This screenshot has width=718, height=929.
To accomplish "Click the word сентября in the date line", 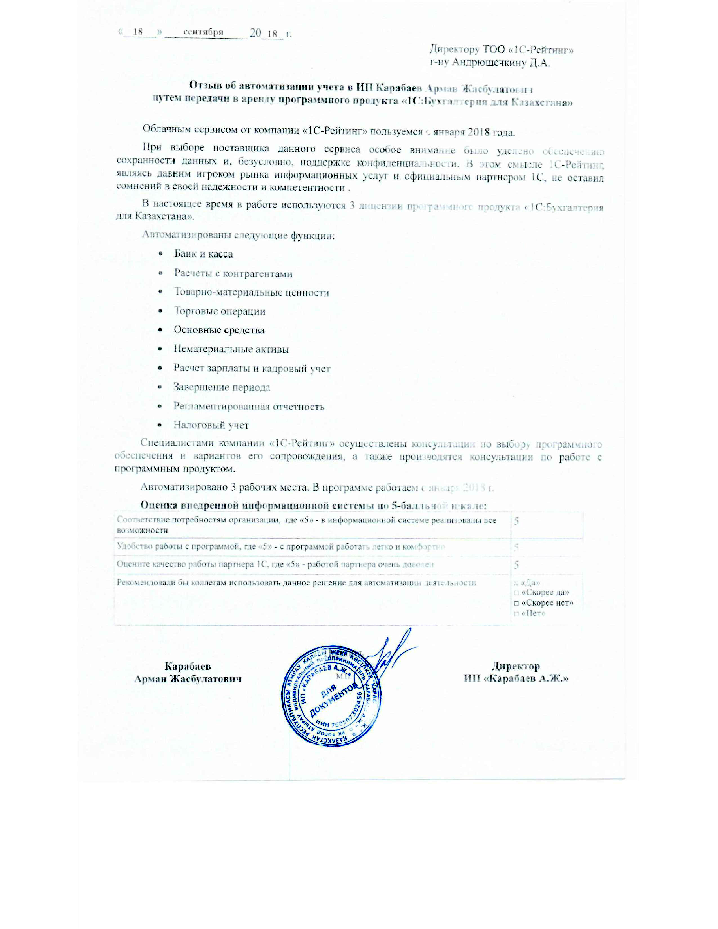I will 203,32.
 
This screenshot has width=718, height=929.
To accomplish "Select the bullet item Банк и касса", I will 203,254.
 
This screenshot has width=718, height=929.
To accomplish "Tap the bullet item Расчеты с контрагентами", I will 233,274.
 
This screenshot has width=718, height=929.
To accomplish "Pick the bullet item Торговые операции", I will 220,311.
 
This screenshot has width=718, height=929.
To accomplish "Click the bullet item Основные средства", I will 219,330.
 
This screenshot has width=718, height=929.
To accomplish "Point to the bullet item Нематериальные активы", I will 231,349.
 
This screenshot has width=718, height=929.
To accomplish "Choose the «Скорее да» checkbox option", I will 516,593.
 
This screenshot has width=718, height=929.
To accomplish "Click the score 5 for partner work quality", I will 516,565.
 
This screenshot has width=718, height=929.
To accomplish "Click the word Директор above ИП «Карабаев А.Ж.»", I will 516,666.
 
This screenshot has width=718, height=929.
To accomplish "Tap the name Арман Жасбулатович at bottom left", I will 188,679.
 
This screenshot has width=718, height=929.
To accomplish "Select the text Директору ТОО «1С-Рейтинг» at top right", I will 501,50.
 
